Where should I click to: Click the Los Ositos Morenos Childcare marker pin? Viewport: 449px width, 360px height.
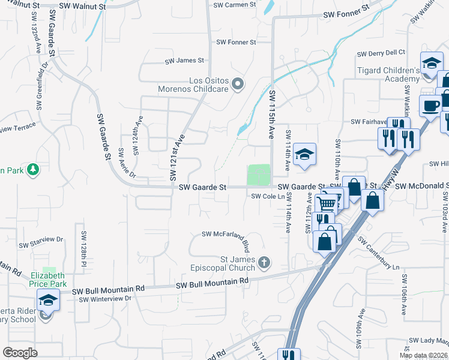click(238, 85)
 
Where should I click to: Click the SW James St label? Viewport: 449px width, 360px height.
click(185, 61)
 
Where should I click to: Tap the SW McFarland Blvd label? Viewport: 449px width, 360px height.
click(225, 234)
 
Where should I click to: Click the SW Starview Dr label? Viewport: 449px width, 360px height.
click(41, 245)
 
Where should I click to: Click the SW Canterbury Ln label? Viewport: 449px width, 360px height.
click(379, 255)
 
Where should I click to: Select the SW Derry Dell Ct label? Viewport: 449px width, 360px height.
click(381, 53)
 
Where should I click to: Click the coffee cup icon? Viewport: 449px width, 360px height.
click(430, 106)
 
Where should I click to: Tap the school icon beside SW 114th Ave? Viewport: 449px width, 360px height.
click(305, 155)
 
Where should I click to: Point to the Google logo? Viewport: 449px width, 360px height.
click(20, 353)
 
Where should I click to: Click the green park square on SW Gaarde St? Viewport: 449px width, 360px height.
click(259, 175)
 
